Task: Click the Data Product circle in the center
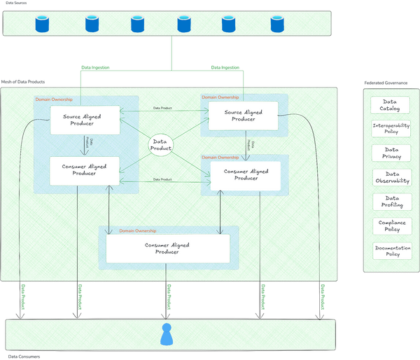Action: click(x=160, y=145)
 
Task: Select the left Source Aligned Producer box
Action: click(x=83, y=119)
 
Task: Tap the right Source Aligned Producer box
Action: click(x=243, y=116)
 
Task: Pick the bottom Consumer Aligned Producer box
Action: click(x=167, y=248)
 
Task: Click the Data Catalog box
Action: click(x=391, y=105)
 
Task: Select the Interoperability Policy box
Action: click(x=391, y=129)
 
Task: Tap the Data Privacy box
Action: click(x=391, y=153)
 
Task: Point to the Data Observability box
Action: click(x=391, y=177)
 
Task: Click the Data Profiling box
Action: click(x=391, y=202)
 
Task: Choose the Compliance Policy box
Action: click(x=391, y=226)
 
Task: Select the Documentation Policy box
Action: click(x=391, y=251)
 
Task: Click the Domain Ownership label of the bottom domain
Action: click(x=138, y=230)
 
